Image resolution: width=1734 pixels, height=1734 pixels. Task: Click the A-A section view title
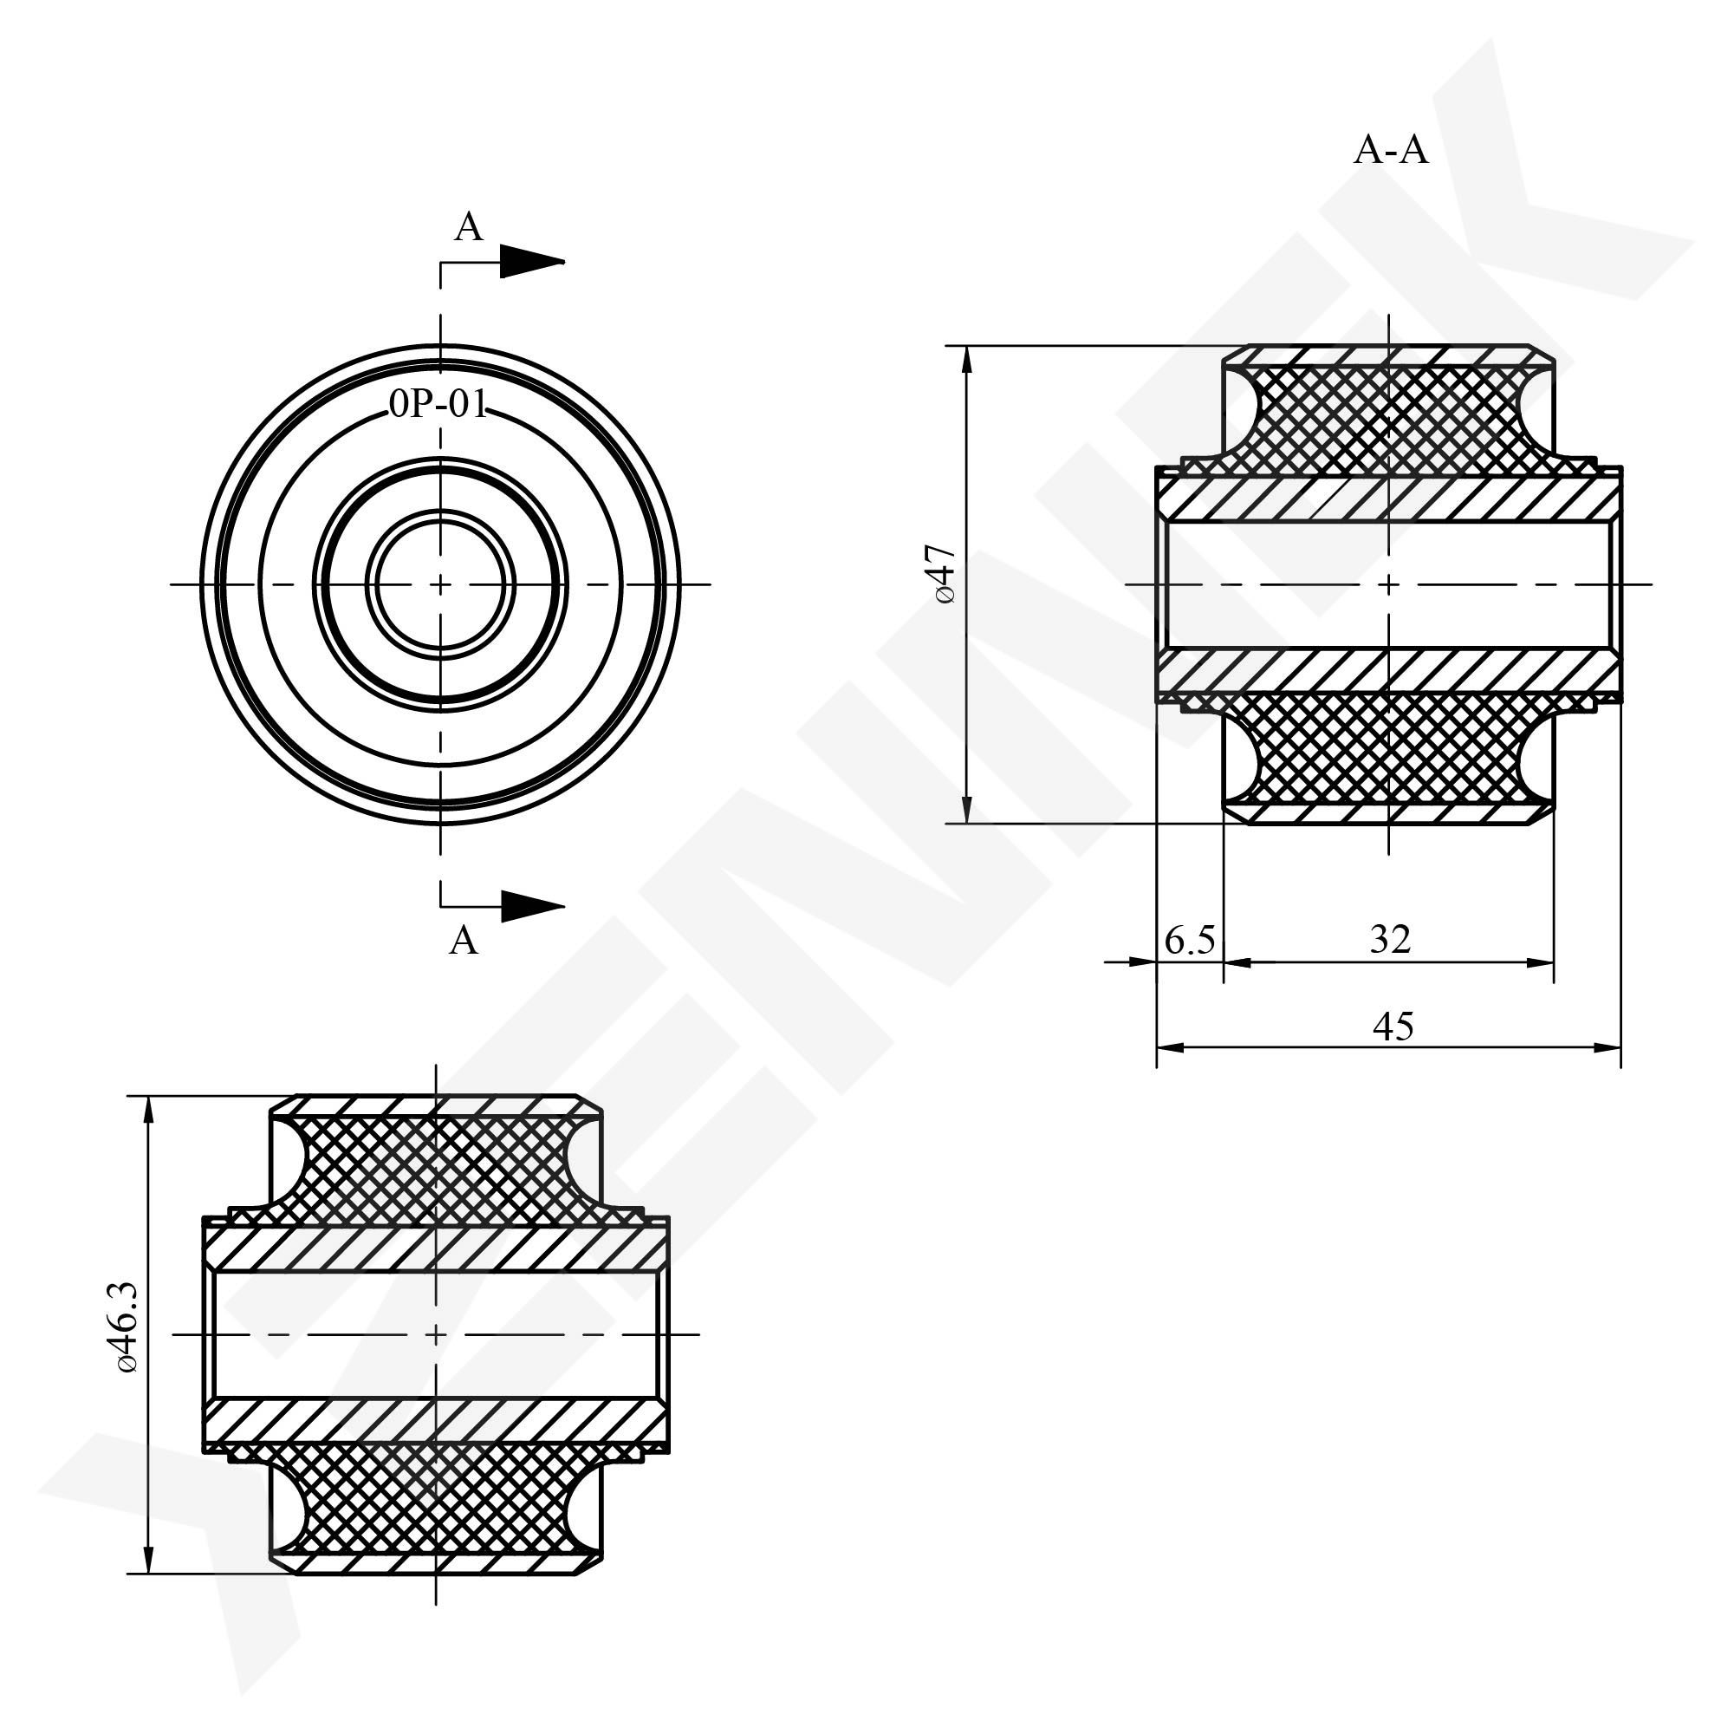pos(1390,151)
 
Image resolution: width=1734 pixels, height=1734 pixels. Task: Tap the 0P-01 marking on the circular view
pos(438,406)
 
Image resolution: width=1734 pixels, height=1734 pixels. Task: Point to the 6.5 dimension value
pos(1190,940)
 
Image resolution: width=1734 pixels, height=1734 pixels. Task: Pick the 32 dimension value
pos(1390,939)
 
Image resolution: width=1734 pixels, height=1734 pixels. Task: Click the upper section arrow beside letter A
pos(532,261)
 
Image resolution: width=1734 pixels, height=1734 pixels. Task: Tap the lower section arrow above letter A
pos(532,905)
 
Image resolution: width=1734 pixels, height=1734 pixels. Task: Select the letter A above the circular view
pos(469,228)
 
